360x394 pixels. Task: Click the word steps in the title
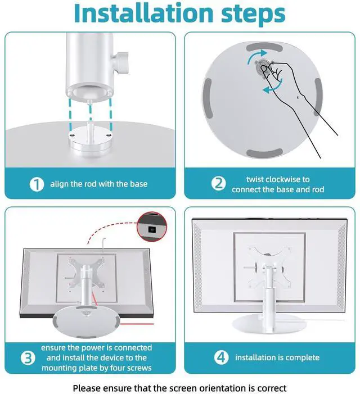point(253,15)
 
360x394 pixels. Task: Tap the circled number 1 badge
point(37,184)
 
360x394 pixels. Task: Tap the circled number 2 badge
point(218,184)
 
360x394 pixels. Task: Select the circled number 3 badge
point(28,357)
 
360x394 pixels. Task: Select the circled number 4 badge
point(221,357)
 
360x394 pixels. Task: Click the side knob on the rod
point(120,62)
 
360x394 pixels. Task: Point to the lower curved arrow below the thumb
point(273,87)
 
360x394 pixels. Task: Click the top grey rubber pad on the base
point(264,47)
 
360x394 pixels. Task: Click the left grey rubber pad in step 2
point(208,98)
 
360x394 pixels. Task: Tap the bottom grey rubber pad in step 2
point(264,153)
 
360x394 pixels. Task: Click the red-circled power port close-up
point(151,227)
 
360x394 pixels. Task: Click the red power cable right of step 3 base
point(137,324)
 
